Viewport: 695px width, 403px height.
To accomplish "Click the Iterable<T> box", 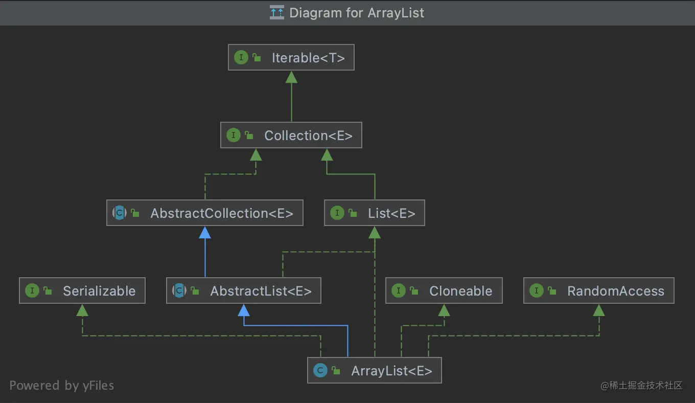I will pos(291,58).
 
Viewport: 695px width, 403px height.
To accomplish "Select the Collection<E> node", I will pos(291,136).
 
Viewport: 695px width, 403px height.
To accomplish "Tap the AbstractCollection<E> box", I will pos(204,213).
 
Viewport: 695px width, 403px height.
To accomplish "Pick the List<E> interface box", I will pos(375,213).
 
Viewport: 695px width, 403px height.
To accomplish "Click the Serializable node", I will pos(82,291).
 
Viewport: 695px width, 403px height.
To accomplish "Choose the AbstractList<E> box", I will pos(243,291).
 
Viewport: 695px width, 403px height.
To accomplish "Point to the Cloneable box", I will pos(444,291).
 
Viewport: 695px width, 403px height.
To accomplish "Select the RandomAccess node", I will pos(598,291).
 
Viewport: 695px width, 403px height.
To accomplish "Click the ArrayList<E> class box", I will pos(374,371).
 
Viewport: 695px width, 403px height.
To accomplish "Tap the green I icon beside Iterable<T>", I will pos(241,58).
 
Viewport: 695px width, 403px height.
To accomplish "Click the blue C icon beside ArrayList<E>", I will pos(320,371).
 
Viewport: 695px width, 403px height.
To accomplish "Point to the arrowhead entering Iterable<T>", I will pos(291,77).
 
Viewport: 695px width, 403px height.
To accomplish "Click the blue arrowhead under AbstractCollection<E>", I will pos(205,233).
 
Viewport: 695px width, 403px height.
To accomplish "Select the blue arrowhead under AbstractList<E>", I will pos(244,310).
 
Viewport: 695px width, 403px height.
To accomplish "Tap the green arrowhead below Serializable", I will pos(82,310).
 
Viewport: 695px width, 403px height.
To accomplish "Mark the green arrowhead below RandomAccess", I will pos(599,310).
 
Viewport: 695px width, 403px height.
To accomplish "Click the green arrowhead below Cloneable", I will pos(444,310).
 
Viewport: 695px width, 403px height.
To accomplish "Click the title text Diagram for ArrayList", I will pos(357,13).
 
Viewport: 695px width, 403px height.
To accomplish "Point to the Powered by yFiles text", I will pos(62,386).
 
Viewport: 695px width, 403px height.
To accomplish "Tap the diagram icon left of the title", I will pos(277,13).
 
